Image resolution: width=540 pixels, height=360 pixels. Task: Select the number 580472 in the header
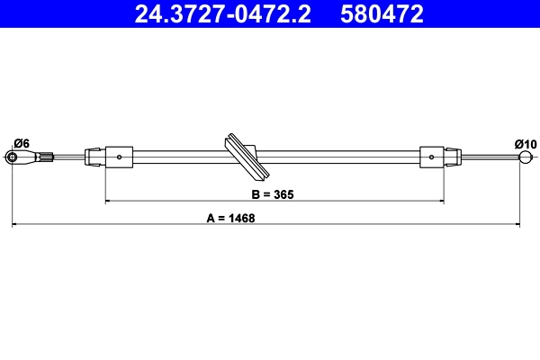pyautogui.click(x=382, y=13)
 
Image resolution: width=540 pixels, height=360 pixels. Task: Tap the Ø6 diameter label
pyautogui.click(x=22, y=143)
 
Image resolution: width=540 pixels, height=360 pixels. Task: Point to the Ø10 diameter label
pyautogui.click(x=525, y=143)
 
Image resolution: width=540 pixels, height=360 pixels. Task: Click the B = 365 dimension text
pyautogui.click(x=273, y=193)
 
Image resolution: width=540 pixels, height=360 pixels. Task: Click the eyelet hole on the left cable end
pyautogui.click(x=14, y=158)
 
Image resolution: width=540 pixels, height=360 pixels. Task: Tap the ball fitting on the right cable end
pyautogui.click(x=526, y=158)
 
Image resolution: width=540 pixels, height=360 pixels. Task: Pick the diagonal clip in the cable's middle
pyautogui.click(x=244, y=157)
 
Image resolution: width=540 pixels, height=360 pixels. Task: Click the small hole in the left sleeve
pyautogui.click(x=120, y=157)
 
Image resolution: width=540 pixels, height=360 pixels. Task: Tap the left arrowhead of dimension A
pyautogui.click(x=15, y=225)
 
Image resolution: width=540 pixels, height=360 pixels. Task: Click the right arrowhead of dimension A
pyautogui.click(x=522, y=225)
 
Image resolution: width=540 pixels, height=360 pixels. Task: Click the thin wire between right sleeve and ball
pyautogui.click(x=490, y=158)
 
